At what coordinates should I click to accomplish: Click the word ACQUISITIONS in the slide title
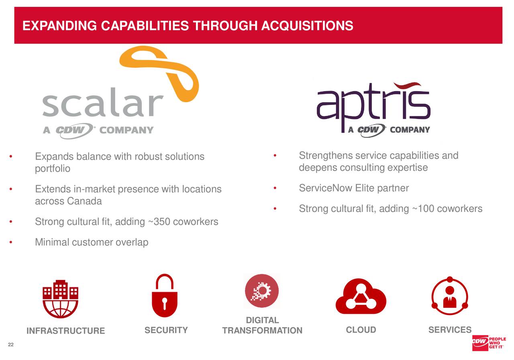(307, 26)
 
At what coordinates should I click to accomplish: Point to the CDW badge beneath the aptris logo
(372, 130)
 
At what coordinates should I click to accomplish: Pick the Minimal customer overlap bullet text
(92, 242)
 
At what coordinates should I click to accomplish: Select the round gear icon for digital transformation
(261, 290)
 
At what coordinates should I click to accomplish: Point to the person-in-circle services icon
(449, 298)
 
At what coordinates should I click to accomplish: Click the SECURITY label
(166, 330)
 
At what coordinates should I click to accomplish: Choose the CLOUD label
(361, 330)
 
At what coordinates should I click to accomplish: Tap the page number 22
(11, 344)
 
